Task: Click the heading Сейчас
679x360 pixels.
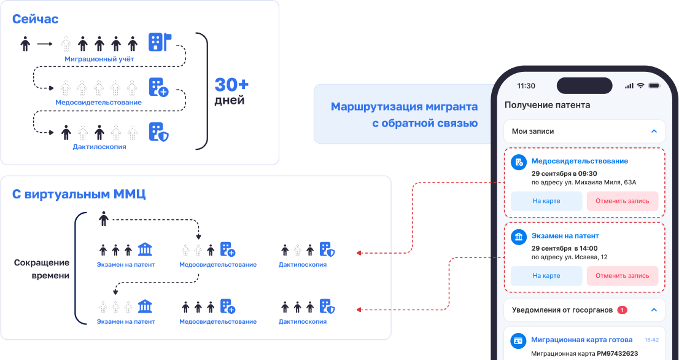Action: [36, 19]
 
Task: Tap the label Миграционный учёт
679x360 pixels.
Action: [99, 59]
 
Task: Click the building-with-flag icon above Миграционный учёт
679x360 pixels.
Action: [159, 42]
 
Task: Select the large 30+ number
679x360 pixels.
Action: [231, 84]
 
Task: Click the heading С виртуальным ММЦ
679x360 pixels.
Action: [79, 194]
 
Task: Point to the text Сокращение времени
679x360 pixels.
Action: [42, 269]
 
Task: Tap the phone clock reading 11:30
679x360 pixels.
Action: [526, 85]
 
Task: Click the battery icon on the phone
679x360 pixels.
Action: [654, 85]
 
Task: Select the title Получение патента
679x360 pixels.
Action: [547, 105]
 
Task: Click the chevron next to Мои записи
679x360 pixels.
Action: [654, 131]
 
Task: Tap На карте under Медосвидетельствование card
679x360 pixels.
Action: [546, 201]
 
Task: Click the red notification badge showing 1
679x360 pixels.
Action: [622, 310]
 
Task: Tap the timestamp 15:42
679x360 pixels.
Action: [651, 339]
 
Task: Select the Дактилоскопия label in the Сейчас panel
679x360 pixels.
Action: [99, 147]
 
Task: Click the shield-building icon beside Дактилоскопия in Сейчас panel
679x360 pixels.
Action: [158, 131]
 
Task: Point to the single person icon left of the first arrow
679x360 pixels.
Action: [25, 44]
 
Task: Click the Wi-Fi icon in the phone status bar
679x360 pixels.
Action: [640, 85]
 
